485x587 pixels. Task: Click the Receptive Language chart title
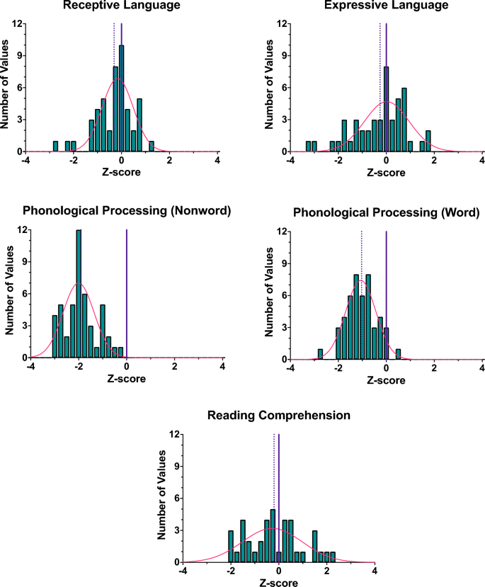pyautogui.click(x=121, y=6)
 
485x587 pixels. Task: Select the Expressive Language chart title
pyautogui.click(x=385, y=6)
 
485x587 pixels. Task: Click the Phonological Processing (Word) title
pyautogui.click(x=386, y=212)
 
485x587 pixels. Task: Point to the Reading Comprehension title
pyautogui.click(x=278, y=416)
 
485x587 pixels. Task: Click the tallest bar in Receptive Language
pyautogui.click(x=121, y=99)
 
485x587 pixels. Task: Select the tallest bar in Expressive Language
pyautogui.click(x=386, y=110)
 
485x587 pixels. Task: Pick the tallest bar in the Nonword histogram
pyautogui.click(x=79, y=294)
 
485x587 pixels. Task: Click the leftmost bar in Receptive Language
pyautogui.click(x=55, y=147)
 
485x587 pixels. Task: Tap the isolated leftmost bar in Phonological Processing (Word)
pyautogui.click(x=320, y=353)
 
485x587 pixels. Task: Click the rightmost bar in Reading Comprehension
pyautogui.click(x=333, y=557)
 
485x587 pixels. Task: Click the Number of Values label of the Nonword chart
pyautogui.click(x=9, y=295)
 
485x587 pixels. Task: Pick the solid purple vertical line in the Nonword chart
pyautogui.click(x=127, y=294)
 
